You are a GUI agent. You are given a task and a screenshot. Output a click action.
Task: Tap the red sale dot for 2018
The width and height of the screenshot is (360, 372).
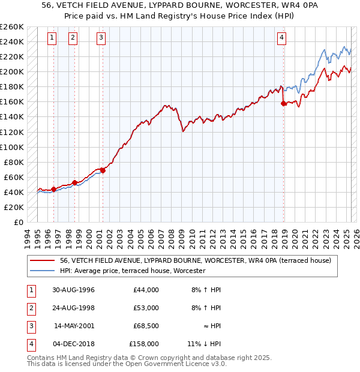pos(284,103)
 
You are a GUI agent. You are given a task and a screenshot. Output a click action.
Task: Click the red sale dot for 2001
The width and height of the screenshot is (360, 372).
pos(103,170)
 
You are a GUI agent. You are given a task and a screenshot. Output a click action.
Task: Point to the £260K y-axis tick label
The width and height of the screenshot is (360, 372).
pos(11,27)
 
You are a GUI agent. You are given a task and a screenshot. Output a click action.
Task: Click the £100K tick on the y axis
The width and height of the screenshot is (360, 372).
pos(11,147)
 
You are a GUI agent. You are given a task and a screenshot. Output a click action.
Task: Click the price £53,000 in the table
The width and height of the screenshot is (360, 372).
pos(146,308)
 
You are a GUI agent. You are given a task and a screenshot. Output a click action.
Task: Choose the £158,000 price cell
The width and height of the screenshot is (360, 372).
pos(144,344)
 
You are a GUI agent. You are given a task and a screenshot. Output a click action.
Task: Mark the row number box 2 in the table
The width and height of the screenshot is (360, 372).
pos(31,308)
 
